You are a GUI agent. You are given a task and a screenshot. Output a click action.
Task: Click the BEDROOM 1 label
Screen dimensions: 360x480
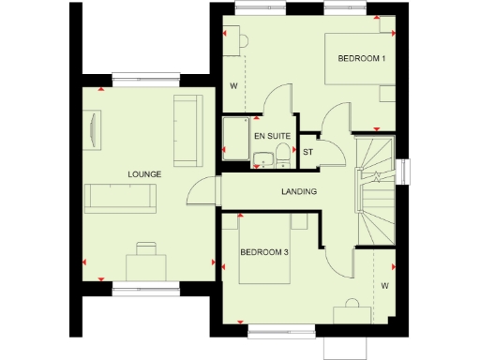point(361,59)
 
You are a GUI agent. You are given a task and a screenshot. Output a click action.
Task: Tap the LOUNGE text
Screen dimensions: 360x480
point(144,174)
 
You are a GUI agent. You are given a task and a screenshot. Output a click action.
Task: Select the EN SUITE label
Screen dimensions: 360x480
point(271,137)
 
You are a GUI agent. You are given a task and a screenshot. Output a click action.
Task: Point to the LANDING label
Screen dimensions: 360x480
point(299,192)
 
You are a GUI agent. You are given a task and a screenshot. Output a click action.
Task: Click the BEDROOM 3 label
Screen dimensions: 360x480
point(263,252)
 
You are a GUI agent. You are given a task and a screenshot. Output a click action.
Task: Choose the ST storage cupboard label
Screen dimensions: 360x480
point(307,152)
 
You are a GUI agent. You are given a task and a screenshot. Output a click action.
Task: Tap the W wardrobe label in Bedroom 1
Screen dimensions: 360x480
point(232,86)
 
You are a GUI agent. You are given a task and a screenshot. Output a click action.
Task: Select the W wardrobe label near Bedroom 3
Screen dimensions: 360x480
point(384,284)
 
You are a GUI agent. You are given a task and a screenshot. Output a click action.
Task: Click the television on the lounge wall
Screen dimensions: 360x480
point(96,127)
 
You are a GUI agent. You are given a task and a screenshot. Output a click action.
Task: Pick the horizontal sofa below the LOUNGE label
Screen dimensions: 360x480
point(121,198)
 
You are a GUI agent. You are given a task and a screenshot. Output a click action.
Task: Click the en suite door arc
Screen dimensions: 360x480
point(277,98)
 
